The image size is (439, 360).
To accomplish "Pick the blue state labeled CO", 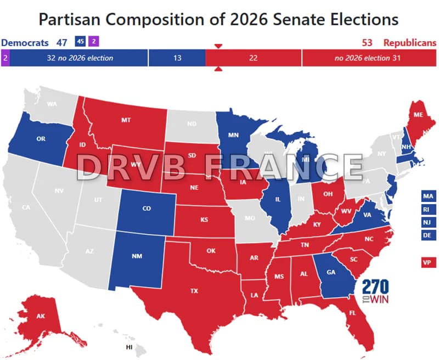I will click(x=147, y=209).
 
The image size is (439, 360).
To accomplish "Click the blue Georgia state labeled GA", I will click(x=331, y=271).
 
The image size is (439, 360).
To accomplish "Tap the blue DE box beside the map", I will click(x=427, y=235).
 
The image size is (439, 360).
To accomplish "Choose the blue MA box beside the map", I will click(x=427, y=196).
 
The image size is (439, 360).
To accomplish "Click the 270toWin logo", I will click(x=375, y=291).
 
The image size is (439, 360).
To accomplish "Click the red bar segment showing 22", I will click(x=253, y=58).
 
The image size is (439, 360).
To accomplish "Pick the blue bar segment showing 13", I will click(x=177, y=58).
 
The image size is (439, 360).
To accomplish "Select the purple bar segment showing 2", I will click(x=5, y=58).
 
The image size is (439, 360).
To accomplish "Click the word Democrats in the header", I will click(x=24, y=42).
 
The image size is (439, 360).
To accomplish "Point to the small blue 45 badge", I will click(x=80, y=42).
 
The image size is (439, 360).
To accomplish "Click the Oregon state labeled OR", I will click(x=41, y=139).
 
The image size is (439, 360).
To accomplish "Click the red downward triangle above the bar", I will click(x=218, y=47).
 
